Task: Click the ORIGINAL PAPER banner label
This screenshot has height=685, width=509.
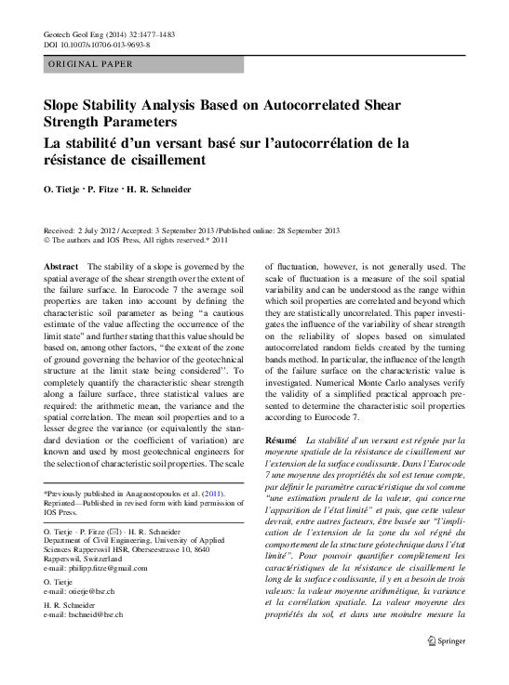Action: click(89, 64)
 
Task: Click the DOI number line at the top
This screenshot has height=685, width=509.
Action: click(97, 45)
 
